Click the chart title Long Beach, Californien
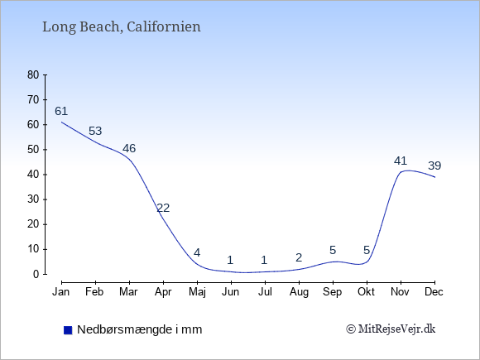121,27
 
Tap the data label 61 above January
61,111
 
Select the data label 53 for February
95,131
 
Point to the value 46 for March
129,148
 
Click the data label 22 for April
163,209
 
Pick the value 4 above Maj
197,253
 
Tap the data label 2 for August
299,257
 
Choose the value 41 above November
401,161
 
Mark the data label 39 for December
434,166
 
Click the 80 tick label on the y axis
33,74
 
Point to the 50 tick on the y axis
33,150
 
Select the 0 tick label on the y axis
36,274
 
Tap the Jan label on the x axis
61,292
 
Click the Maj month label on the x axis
197,292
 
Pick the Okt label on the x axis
366,292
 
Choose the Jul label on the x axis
265,292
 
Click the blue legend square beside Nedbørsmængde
68,330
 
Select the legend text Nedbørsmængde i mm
140,329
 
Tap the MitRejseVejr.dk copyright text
391,329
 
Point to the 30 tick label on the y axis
33,199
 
